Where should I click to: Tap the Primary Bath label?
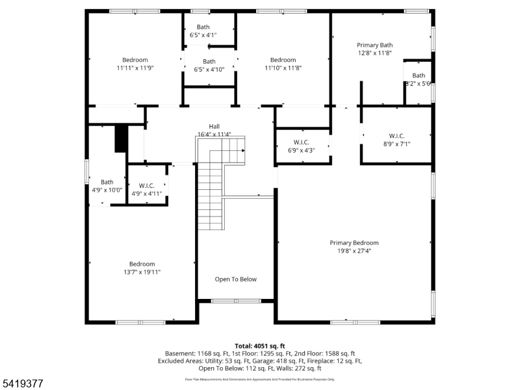click(374, 45)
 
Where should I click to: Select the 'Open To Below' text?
click(236, 279)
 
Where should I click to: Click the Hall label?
click(214, 126)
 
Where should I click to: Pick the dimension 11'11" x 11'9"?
click(135, 68)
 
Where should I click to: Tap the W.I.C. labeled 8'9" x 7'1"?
click(396, 135)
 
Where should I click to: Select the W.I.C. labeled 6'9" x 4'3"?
click(301, 142)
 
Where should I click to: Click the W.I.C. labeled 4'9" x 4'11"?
click(146, 185)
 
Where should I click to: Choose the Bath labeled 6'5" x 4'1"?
click(203, 27)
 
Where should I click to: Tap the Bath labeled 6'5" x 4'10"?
click(209, 62)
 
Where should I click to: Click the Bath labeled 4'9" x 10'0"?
click(107, 182)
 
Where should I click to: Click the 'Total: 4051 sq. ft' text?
click(260, 346)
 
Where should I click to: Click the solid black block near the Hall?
click(120, 138)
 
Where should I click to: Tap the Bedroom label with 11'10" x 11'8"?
click(283, 60)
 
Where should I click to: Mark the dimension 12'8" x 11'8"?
click(374, 53)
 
